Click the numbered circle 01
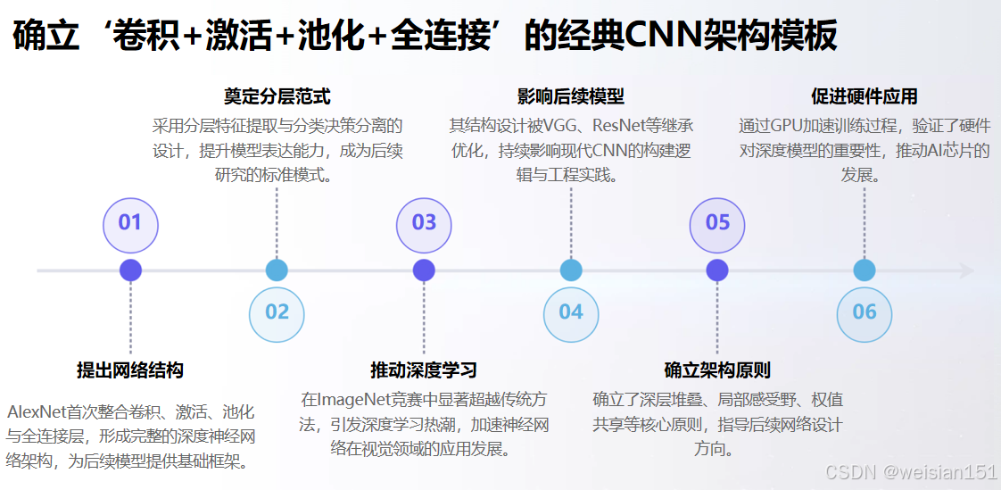(130, 222)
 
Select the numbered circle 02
(277, 312)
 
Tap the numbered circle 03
(424, 222)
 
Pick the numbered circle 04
(571, 312)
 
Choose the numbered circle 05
(717, 222)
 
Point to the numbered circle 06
(864, 312)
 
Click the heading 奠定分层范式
(277, 96)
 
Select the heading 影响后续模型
(571, 96)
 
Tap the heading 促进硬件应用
(864, 96)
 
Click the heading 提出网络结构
(130, 370)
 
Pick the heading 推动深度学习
(424, 370)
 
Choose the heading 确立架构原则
(717, 370)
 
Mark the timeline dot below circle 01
(130, 270)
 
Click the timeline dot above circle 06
(864, 270)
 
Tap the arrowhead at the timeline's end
(967, 270)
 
